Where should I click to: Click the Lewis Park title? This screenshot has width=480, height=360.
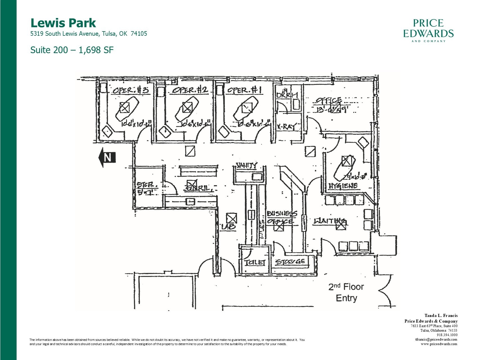pyautogui.click(x=63, y=23)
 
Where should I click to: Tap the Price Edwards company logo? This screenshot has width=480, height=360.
pyautogui.click(x=428, y=30)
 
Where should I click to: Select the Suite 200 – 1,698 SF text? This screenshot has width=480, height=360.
pyautogui.click(x=72, y=50)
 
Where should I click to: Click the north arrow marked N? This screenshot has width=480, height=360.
pyautogui.click(x=107, y=157)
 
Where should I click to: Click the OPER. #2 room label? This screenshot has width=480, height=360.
pyautogui.click(x=190, y=90)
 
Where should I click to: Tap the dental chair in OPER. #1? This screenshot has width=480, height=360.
pyautogui.click(x=246, y=109)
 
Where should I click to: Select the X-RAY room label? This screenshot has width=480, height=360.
pyautogui.click(x=286, y=127)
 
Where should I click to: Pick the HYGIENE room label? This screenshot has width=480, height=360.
pyautogui.click(x=343, y=186)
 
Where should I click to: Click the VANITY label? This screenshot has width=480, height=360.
pyautogui.click(x=247, y=165)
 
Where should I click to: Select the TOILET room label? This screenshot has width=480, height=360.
pyautogui.click(x=255, y=262)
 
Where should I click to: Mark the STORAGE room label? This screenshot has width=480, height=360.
pyautogui.click(x=290, y=262)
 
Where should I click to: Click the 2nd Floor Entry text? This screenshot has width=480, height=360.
pyautogui.click(x=346, y=292)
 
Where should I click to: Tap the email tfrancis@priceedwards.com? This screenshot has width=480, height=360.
pyautogui.click(x=436, y=339)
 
